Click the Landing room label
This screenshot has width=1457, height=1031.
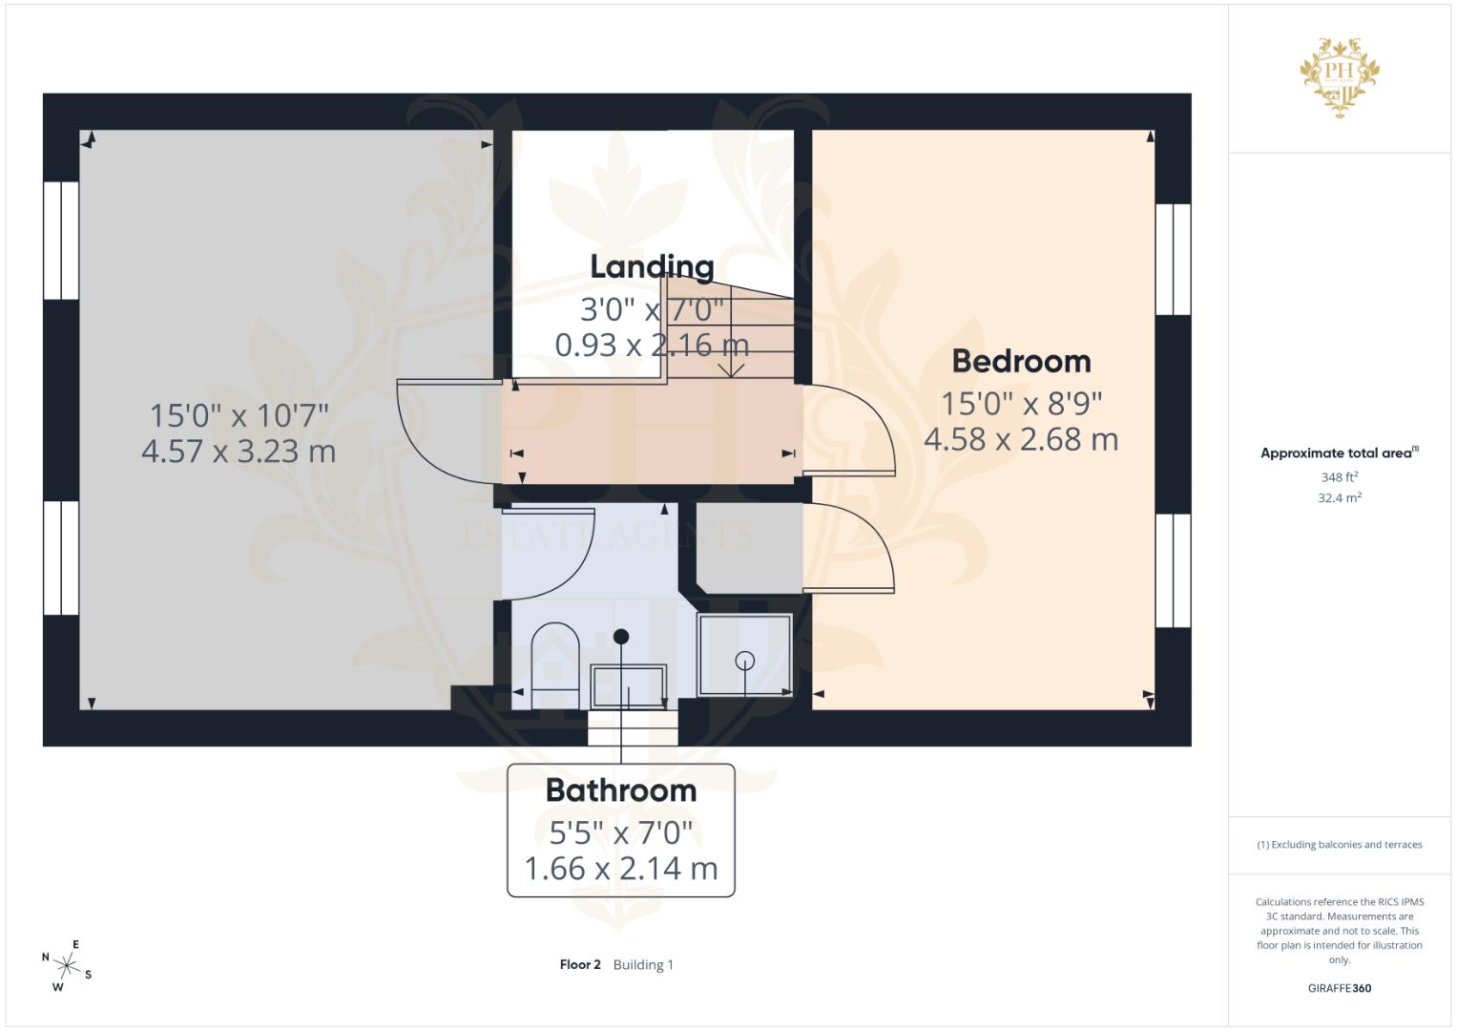click(x=652, y=266)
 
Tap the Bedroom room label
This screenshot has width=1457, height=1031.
click(x=1021, y=361)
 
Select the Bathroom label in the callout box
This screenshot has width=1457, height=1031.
click(x=621, y=790)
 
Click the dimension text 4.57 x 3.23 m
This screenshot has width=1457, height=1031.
click(x=239, y=451)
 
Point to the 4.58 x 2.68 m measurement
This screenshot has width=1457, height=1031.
click(x=1021, y=439)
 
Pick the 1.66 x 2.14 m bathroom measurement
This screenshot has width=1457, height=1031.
click(x=621, y=869)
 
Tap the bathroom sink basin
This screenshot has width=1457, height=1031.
click(x=628, y=686)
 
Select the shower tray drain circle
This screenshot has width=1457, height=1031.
click(x=745, y=660)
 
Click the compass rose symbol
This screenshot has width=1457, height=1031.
click(x=67, y=965)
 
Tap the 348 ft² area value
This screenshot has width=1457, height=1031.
click(x=1340, y=476)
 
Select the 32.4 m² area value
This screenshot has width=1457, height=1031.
click(x=1340, y=497)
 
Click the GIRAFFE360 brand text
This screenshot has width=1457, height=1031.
click(x=1340, y=988)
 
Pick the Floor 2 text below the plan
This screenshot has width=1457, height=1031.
click(x=580, y=964)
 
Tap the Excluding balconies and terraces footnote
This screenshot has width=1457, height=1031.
click(x=1340, y=845)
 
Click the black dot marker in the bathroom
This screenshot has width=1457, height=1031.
click(x=621, y=636)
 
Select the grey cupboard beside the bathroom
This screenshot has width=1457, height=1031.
click(x=749, y=547)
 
